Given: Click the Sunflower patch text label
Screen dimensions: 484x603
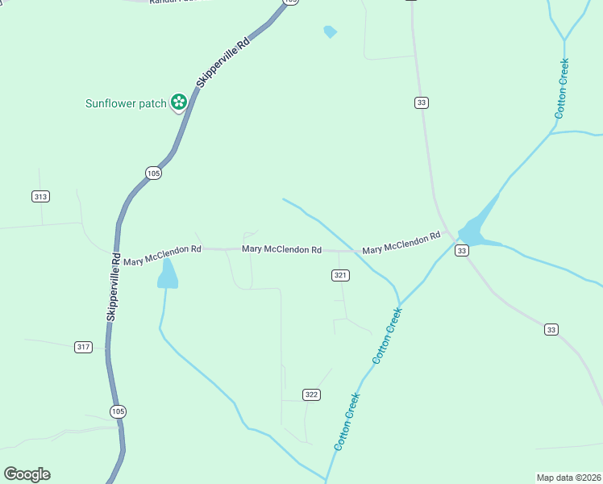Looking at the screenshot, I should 126,103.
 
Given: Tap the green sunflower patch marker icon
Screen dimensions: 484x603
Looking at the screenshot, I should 179,102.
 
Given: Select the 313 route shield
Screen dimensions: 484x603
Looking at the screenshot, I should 41,196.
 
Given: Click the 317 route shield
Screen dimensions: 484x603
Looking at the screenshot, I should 83,347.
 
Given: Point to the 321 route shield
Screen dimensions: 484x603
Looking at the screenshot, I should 340,275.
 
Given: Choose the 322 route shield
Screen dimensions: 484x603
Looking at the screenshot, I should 312,394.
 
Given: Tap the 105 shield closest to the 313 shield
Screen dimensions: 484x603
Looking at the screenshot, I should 154,173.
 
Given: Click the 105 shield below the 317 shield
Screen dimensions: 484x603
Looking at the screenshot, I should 119,411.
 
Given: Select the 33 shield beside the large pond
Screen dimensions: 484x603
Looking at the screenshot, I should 461,251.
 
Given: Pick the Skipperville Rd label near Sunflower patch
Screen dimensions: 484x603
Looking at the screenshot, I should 223,62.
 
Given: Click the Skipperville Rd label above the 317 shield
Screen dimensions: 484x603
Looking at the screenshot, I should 114,289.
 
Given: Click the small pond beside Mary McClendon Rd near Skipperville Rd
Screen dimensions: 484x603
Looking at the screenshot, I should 168,274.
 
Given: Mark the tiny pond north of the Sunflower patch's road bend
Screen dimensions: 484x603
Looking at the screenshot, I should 329,31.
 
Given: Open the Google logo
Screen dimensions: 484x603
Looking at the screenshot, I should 27,474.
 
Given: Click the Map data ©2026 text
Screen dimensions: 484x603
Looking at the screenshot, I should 568,477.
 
